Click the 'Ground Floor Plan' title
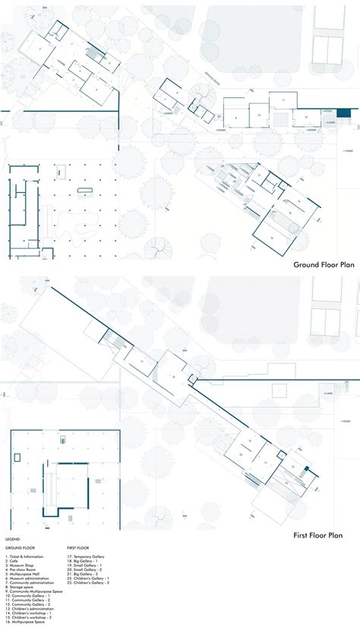(324, 266)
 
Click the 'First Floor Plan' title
(324, 535)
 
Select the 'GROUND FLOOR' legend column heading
(20, 547)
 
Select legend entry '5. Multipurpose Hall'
(22, 576)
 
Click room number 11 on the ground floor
(283, 99)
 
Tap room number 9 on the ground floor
(235, 118)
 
